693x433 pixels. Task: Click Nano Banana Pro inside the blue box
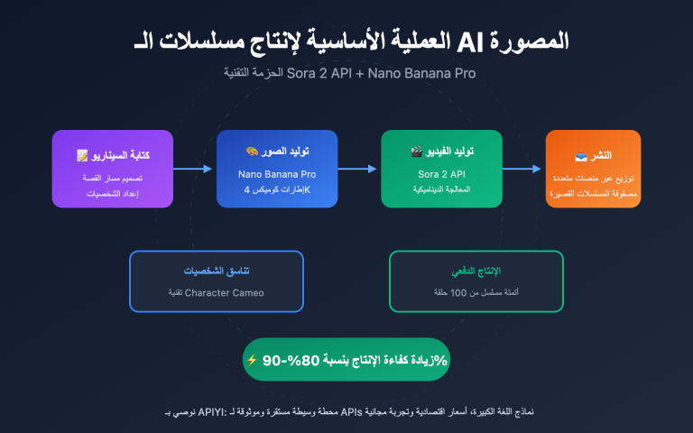point(277,173)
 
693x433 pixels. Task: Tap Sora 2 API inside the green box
point(441,173)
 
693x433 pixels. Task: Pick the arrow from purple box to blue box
point(194,169)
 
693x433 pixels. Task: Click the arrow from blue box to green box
point(358,169)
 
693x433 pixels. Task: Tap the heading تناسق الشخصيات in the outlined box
point(217,272)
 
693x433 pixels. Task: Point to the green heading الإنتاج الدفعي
point(476,272)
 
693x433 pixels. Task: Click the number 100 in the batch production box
point(463,292)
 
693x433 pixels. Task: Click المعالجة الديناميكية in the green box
point(441,191)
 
